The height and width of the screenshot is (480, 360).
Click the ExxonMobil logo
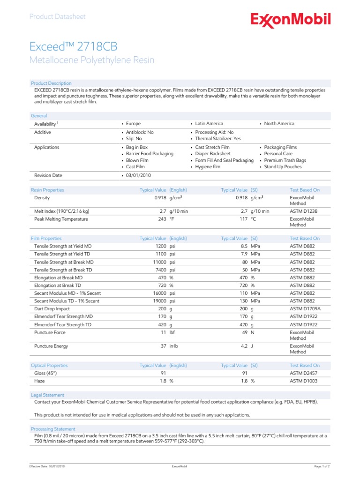[x=291, y=20]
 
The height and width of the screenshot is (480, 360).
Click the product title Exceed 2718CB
[x=73, y=46]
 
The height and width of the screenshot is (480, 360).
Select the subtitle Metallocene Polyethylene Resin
[x=91, y=60]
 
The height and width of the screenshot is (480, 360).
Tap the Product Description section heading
[x=51, y=83]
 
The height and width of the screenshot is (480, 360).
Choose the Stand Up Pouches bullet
[x=283, y=167]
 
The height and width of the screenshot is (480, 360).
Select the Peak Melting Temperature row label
[x=61, y=219]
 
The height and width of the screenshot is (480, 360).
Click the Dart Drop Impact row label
[x=52, y=309]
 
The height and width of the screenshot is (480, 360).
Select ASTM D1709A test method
[x=305, y=309]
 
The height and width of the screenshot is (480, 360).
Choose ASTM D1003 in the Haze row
[x=303, y=381]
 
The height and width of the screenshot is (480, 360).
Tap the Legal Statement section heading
[x=47, y=395]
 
